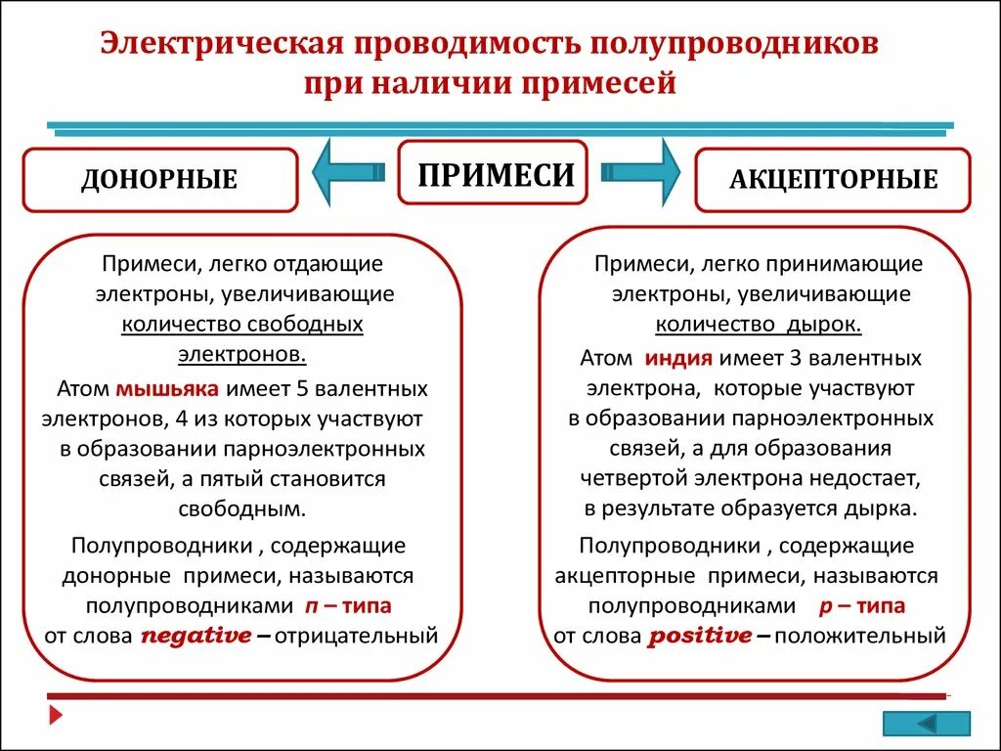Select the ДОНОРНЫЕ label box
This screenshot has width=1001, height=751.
[159, 180]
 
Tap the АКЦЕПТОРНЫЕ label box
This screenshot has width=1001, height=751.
[833, 180]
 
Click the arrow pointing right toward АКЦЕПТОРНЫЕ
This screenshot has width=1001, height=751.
[640, 173]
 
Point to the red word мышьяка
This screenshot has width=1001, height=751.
[167, 389]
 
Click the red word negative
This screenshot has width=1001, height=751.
[196, 636]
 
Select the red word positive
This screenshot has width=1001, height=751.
[700, 636]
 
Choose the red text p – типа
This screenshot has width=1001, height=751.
[859, 605]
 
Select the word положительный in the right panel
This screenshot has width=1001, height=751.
[859, 637]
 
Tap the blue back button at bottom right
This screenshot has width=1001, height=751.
[927, 724]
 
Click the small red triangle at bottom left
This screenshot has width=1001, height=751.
[57, 716]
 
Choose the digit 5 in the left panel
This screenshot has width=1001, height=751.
[302, 389]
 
